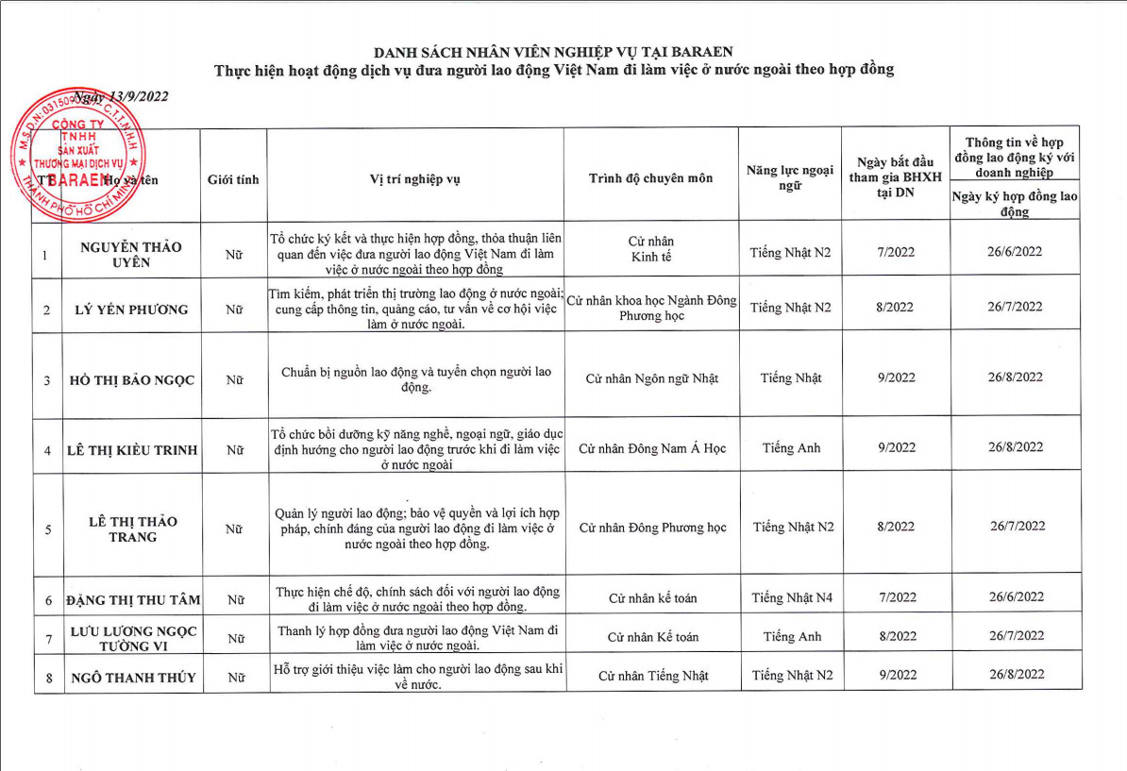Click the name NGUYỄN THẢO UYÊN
[131, 254]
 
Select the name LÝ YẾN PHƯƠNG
[131, 310]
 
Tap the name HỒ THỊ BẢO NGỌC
[132, 380]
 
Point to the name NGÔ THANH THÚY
[132, 677]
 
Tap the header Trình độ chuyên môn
[651, 178]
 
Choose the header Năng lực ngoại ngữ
[790, 178]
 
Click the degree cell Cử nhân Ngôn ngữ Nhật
[651, 378]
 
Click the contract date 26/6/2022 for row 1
[1016, 252]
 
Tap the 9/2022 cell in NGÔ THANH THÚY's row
[896, 675]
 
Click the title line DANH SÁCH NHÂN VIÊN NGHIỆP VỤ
[553, 51]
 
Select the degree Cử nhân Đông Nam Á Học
[651, 448]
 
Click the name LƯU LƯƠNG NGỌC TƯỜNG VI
[133, 638]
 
